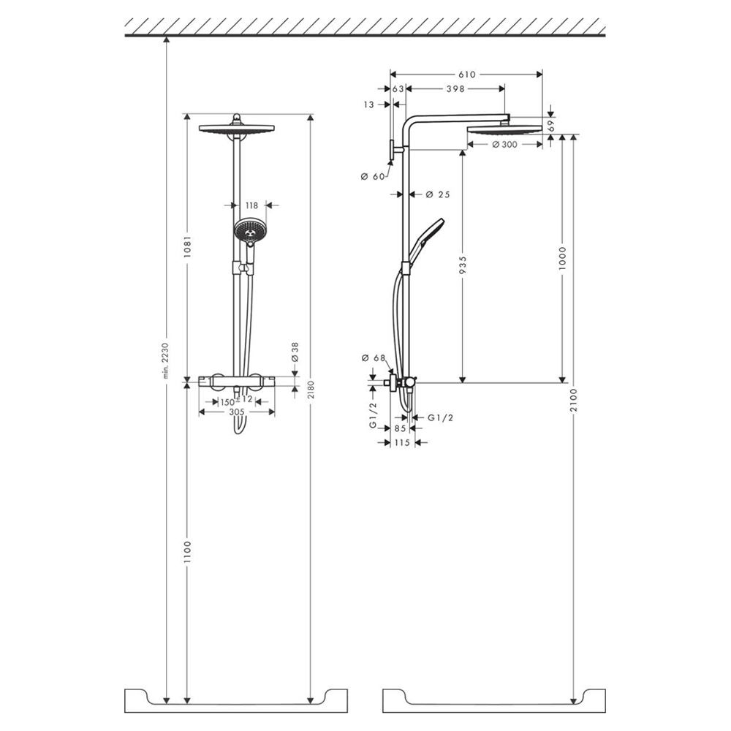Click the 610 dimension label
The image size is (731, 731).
click(467, 75)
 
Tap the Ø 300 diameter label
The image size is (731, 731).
click(505, 145)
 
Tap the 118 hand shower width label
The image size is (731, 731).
click(251, 205)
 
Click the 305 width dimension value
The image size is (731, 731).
click(236, 412)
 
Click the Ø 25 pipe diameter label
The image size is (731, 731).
click(438, 194)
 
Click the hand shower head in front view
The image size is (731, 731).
click(249, 230)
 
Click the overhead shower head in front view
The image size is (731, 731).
click(236, 128)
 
